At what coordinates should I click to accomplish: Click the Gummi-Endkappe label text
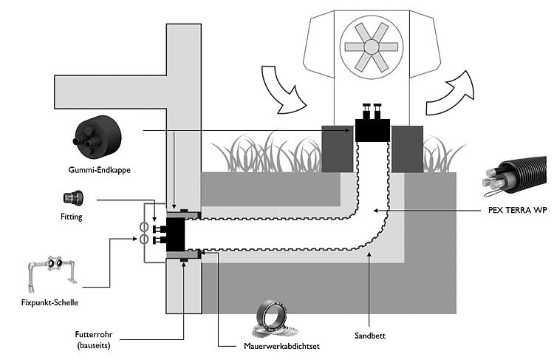point(99,170)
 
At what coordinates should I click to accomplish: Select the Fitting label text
point(72,217)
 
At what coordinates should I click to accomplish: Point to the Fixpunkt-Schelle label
point(49,303)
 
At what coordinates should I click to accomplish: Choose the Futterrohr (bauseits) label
point(94,340)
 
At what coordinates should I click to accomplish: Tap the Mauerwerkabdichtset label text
point(281,346)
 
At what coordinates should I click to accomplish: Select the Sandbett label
point(370,336)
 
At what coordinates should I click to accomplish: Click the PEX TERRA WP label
point(518,210)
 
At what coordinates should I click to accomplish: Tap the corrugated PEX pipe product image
point(514,177)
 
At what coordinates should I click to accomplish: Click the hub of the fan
point(372,47)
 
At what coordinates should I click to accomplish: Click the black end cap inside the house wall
point(175,234)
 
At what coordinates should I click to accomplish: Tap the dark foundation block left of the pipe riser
point(338,149)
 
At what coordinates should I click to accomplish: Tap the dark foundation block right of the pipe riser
point(407,149)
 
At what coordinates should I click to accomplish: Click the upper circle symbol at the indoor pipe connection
point(143,226)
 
